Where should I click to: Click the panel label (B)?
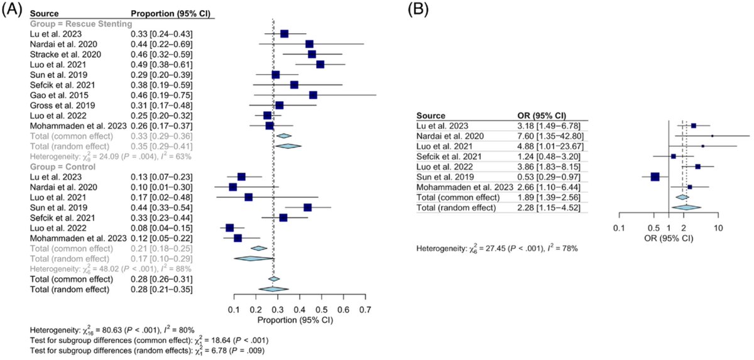coord(420,10)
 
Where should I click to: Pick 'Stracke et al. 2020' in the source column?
coord(65,54)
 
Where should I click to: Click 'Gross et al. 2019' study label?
coord(60,105)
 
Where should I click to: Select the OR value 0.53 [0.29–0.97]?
coord(545,177)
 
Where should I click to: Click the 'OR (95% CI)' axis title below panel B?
coord(669,238)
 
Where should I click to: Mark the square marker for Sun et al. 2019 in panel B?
coord(655,177)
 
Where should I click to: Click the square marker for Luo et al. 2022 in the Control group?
coord(229,228)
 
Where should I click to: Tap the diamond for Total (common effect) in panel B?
coord(681,197)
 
